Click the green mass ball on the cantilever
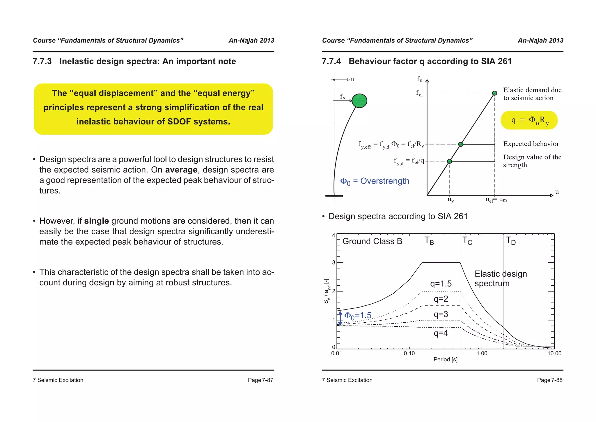coord(359,101)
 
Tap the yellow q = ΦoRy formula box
coord(529,120)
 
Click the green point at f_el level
coord(494,93)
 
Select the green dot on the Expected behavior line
coord(461,144)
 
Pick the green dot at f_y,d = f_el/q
coord(449,161)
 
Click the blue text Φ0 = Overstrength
coord(375,181)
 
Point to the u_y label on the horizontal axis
coord(450,200)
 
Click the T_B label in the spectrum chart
coord(429,241)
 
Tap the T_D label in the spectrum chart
coord(511,241)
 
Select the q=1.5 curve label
coord(441,284)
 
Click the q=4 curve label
coord(441,333)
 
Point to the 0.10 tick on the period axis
coord(409,354)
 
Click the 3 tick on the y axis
coord(334,262)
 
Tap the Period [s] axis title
coord(445,360)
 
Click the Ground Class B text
coord(372,241)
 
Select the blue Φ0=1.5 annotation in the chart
coord(358,316)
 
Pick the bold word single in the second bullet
coord(96,221)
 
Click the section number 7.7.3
coord(42,61)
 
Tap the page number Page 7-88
coord(549,380)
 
